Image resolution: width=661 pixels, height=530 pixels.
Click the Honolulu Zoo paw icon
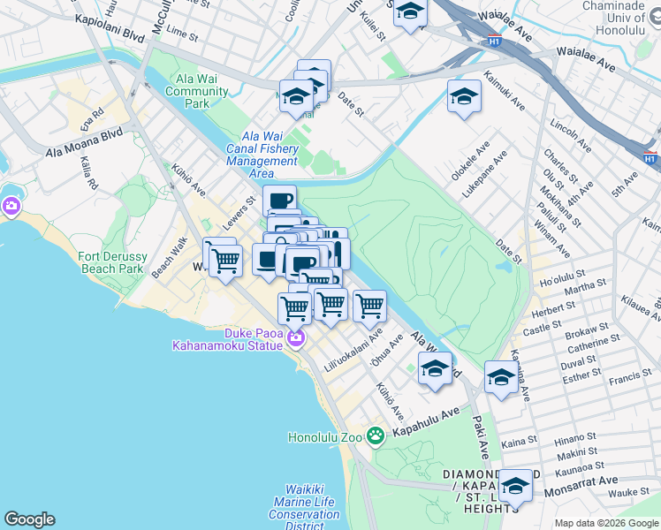click(x=376, y=435)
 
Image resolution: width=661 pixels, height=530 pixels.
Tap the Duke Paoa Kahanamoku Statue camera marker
click(x=295, y=337)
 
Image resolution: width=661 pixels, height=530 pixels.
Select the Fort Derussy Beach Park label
click(x=110, y=262)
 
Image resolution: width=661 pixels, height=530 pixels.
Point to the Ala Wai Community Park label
click(x=196, y=91)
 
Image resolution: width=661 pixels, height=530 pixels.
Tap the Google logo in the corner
click(x=29, y=519)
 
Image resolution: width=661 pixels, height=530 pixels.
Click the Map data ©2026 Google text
click(x=606, y=523)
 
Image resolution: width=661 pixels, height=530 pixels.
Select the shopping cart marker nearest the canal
click(x=369, y=306)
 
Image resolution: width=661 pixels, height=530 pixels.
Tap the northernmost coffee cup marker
click(x=279, y=200)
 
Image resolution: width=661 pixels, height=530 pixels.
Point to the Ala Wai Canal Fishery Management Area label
click(x=262, y=155)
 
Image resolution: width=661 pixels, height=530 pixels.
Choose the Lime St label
click(x=181, y=32)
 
